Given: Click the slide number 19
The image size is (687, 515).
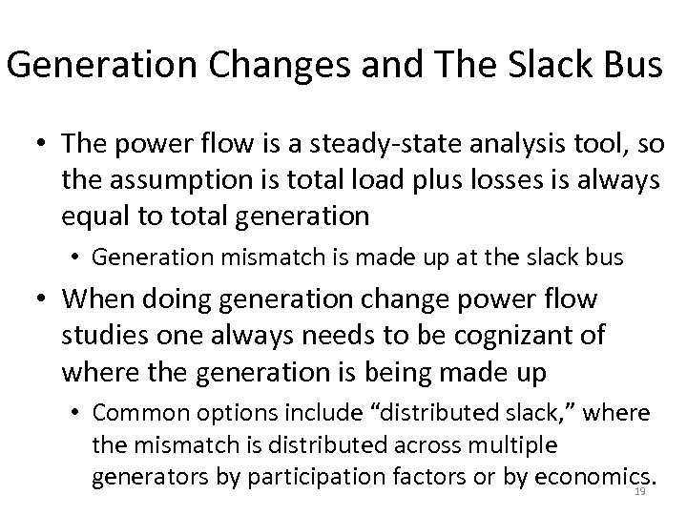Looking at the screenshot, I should point(641,491).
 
